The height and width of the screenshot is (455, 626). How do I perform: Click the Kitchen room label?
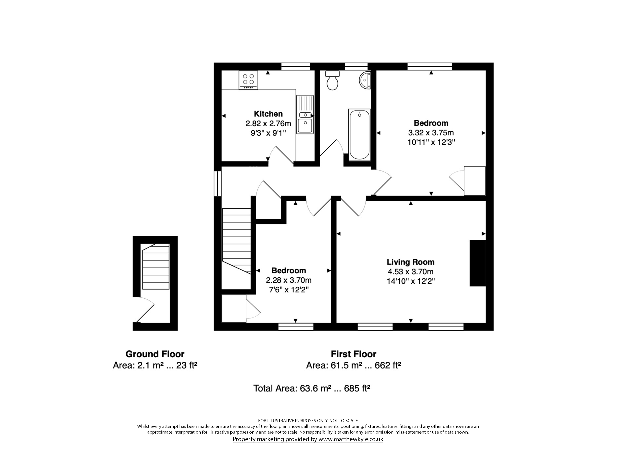[x=268, y=114]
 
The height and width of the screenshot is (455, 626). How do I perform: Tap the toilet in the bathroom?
[x=332, y=80]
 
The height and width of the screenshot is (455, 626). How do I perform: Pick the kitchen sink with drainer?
[x=305, y=115]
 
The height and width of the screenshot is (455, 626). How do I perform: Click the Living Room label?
[x=411, y=262]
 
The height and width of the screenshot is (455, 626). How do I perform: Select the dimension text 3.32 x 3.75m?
[x=431, y=133]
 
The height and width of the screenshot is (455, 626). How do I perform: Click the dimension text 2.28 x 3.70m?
[x=289, y=280]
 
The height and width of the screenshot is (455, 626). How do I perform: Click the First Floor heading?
[x=354, y=354]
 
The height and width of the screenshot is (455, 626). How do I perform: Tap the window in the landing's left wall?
[x=218, y=184]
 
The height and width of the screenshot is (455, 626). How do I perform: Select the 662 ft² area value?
[x=388, y=365]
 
